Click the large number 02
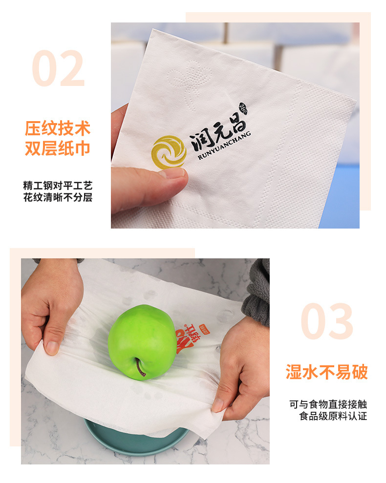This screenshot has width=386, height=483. [x=59, y=69]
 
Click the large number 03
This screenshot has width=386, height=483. [x=326, y=321]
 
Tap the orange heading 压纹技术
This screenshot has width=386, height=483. [x=58, y=129]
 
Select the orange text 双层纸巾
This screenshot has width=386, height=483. [x=58, y=148]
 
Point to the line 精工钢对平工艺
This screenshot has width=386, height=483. [x=58, y=186]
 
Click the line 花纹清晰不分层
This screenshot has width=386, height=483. [x=58, y=198]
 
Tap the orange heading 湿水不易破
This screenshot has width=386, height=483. [x=326, y=372]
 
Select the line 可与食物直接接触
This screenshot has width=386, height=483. [x=328, y=404]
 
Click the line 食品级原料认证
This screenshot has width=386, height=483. [x=333, y=416]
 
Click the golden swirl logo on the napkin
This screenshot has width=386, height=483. [x=169, y=151]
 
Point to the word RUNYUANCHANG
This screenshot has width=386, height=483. [x=224, y=146]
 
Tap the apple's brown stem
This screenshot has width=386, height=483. [x=141, y=368]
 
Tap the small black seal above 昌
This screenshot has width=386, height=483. [x=243, y=109]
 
